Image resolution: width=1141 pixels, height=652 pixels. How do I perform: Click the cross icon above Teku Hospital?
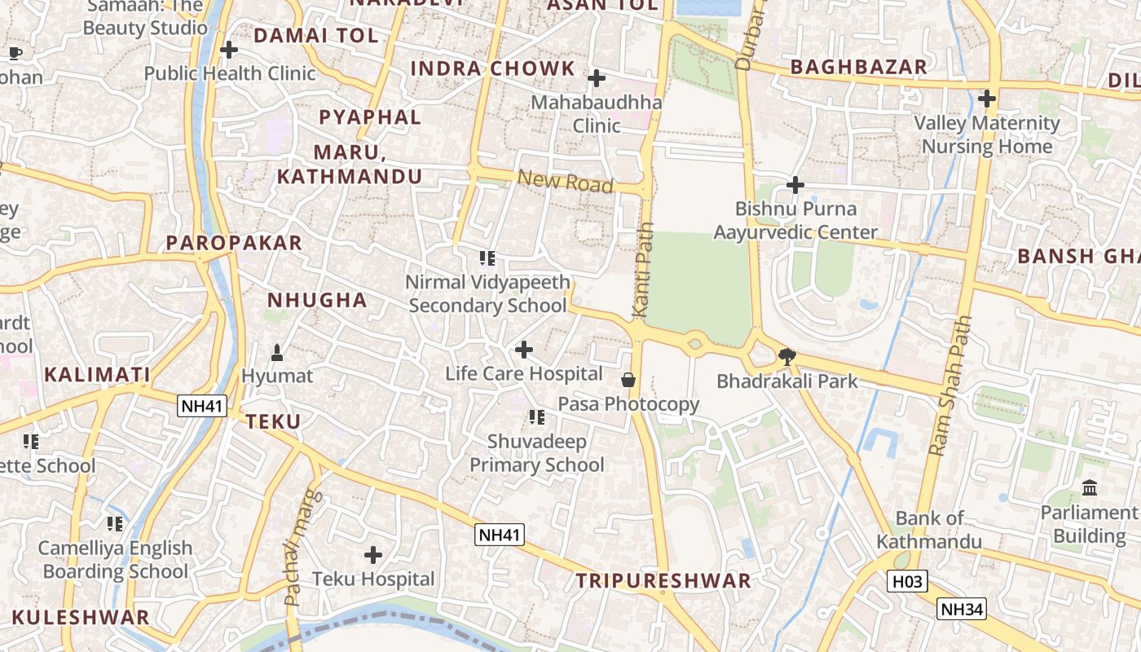[x=373, y=556]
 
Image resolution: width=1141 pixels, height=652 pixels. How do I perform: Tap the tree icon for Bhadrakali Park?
[x=787, y=356]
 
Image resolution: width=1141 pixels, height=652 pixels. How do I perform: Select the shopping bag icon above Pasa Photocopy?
[x=628, y=380]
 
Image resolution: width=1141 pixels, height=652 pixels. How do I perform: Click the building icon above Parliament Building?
[x=1089, y=488]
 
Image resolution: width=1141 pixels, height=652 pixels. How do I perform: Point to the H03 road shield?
[x=907, y=582]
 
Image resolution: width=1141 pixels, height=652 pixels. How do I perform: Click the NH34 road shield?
[x=962, y=609]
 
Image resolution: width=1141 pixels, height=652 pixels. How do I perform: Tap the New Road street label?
[x=565, y=181]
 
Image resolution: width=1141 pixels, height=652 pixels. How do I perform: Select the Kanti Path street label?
[x=643, y=270]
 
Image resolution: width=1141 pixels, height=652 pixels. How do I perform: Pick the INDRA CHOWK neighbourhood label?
[x=491, y=68]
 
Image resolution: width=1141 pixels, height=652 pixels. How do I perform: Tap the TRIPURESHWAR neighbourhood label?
[x=663, y=581]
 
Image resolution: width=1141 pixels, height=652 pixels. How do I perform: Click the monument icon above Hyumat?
[x=277, y=353]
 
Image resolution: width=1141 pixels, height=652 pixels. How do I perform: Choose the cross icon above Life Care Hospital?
[x=524, y=350]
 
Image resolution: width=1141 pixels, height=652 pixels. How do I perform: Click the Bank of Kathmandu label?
[x=929, y=530]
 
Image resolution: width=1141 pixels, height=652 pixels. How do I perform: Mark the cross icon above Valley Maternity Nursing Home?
[x=987, y=99]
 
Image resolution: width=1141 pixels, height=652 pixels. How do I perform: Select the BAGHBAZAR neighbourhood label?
[x=859, y=67]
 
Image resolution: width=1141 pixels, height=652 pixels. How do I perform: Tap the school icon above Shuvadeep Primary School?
[x=536, y=418]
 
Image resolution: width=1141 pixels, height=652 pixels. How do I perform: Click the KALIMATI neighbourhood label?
[x=97, y=375]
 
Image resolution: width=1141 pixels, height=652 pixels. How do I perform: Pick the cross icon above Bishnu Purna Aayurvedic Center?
[x=795, y=186]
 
